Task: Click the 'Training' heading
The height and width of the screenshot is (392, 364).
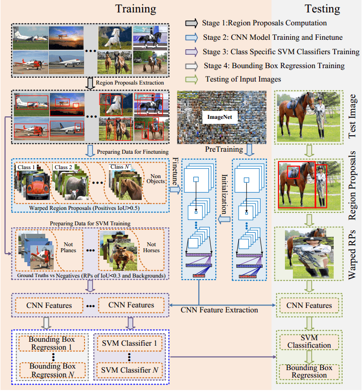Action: pos(135,9)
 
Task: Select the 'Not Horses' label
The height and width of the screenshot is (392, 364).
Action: pos(151,248)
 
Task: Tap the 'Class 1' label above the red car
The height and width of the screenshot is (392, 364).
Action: pos(27,168)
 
